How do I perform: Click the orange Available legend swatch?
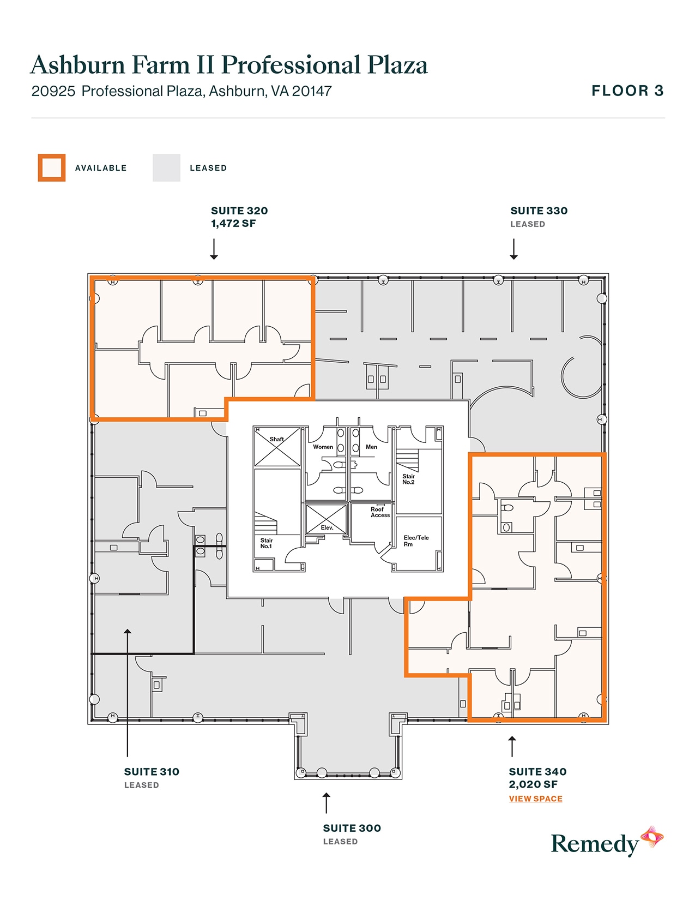click(x=52, y=167)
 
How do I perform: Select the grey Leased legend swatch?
click(x=166, y=167)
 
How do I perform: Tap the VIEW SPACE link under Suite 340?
click(x=535, y=799)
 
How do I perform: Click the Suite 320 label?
click(x=239, y=211)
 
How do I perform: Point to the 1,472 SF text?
click(x=233, y=223)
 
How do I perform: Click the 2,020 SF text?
click(x=533, y=784)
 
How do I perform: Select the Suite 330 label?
click(x=539, y=211)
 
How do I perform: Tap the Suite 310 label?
click(x=152, y=772)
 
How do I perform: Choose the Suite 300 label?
click(x=352, y=828)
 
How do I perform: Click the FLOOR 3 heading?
click(x=627, y=91)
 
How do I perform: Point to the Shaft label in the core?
click(x=276, y=439)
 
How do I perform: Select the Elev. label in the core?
click(x=327, y=527)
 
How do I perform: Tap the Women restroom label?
click(x=323, y=447)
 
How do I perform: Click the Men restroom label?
click(x=371, y=447)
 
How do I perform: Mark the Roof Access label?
click(x=380, y=512)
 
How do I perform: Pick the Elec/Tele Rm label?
click(x=416, y=541)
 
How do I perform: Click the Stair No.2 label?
click(x=408, y=479)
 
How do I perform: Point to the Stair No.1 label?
click(x=266, y=543)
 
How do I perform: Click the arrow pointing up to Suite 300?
click(x=326, y=803)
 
